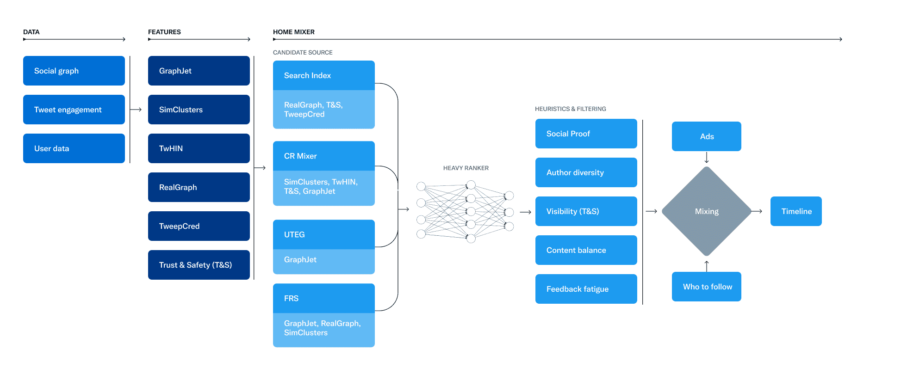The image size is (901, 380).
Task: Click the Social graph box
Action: (x=74, y=71)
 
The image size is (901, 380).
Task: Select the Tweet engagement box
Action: (x=74, y=110)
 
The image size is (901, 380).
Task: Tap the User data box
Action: (x=74, y=148)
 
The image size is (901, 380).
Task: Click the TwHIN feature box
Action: (x=199, y=148)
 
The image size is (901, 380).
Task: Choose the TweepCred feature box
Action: (x=199, y=226)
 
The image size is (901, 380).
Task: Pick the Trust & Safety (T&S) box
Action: (x=199, y=265)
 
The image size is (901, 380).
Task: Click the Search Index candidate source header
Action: (x=323, y=75)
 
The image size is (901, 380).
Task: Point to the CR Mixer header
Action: (x=323, y=156)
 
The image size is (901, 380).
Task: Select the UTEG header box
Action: (x=323, y=234)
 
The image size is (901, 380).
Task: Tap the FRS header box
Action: (x=323, y=298)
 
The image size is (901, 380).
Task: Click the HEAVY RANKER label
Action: (x=466, y=168)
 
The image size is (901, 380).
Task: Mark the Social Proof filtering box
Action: (x=586, y=134)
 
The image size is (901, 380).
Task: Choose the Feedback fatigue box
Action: (x=586, y=289)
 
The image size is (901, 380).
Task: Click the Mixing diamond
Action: (x=707, y=211)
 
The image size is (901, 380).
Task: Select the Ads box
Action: (x=707, y=136)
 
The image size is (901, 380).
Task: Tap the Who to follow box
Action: (x=707, y=287)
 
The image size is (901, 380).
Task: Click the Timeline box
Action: (x=796, y=211)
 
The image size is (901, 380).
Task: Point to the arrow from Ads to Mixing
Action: (x=707, y=158)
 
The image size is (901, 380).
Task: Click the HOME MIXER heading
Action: (x=293, y=32)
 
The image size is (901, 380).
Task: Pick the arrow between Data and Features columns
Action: (x=136, y=110)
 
